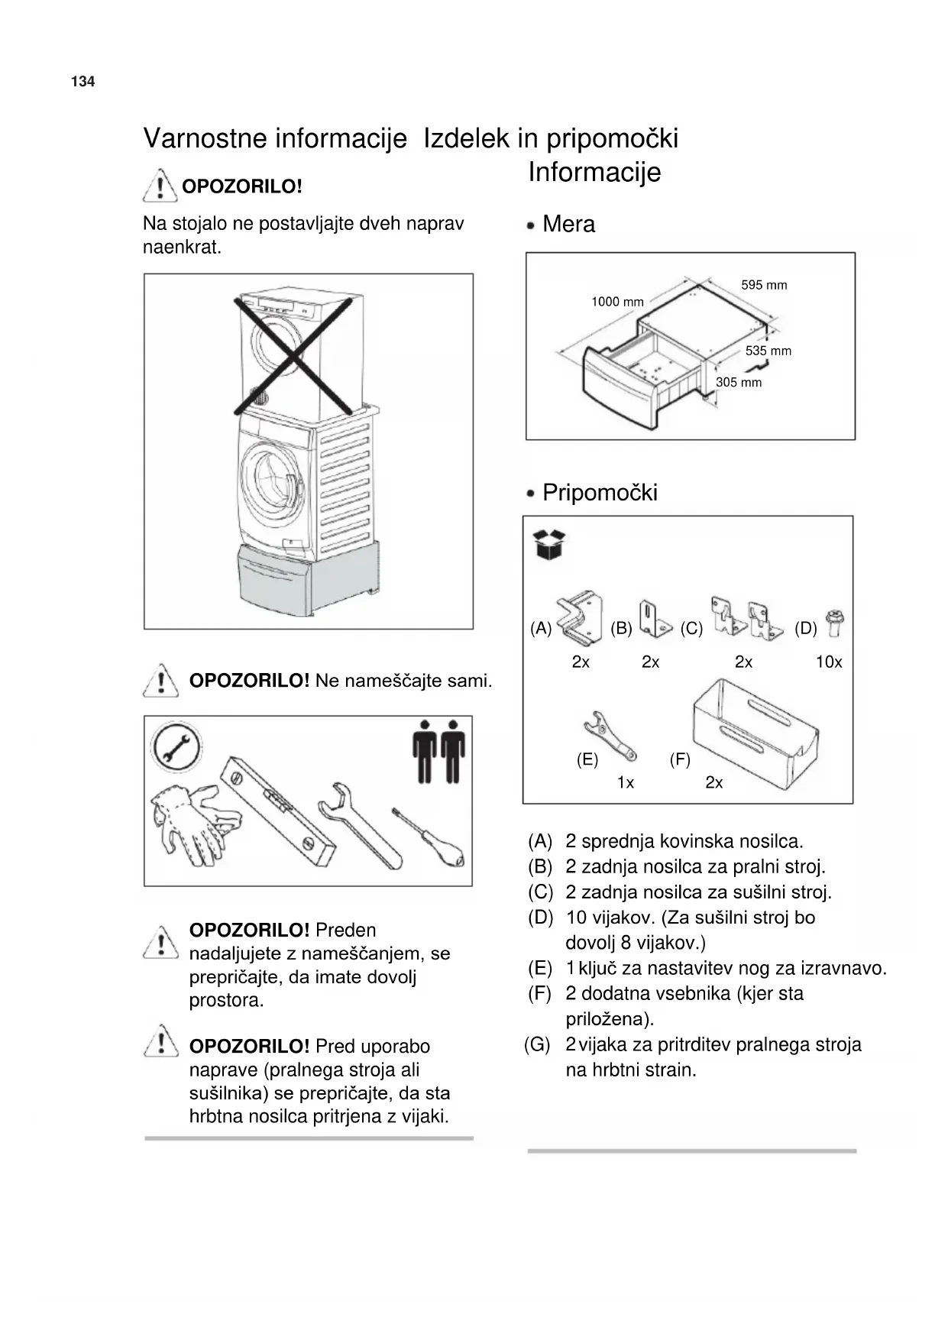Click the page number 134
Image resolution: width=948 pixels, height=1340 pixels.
tap(83, 82)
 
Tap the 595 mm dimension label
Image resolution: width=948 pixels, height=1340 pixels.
tap(763, 285)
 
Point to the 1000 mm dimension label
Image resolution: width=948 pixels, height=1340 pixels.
tap(616, 302)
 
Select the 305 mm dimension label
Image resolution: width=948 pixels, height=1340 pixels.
tap(738, 382)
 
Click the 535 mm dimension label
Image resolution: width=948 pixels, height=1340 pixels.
tap(768, 351)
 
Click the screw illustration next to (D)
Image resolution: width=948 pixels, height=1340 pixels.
tap(834, 623)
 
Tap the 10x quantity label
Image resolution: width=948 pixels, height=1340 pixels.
tap(828, 662)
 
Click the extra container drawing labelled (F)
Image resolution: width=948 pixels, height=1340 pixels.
tap(755, 726)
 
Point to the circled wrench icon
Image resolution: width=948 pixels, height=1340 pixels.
tap(176, 746)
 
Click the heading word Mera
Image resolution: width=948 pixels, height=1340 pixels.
tap(568, 224)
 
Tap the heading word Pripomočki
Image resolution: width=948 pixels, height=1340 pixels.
tap(600, 492)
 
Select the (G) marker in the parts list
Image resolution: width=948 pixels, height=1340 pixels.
tap(537, 1044)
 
